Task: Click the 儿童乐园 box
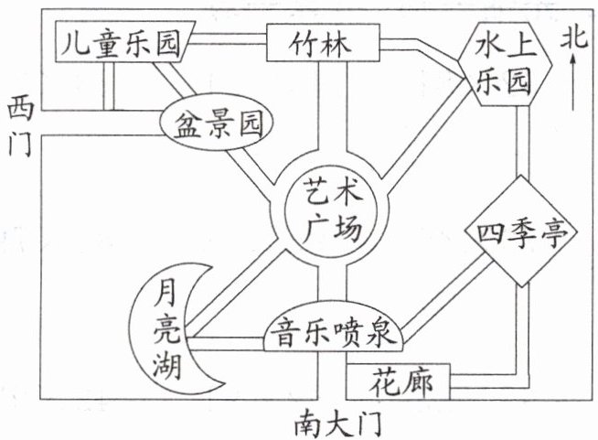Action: (x=117, y=42)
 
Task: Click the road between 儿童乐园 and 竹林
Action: (x=229, y=40)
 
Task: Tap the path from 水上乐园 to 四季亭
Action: (x=524, y=137)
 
